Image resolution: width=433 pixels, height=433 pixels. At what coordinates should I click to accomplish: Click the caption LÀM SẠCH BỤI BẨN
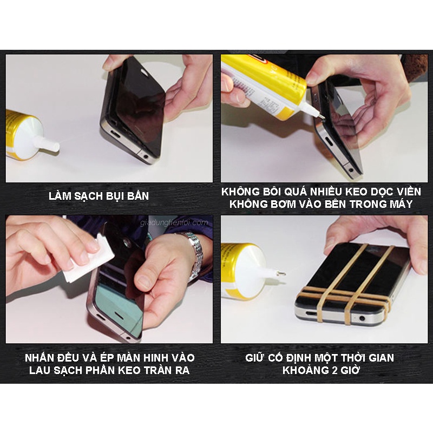click(x=99, y=196)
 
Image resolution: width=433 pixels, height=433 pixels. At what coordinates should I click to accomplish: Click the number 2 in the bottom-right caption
click(x=334, y=370)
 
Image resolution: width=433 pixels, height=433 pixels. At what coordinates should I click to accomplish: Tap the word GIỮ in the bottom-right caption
click(x=253, y=358)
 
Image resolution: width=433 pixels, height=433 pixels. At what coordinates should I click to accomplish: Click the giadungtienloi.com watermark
click(x=174, y=222)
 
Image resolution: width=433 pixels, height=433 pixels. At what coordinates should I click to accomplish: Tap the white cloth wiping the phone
click(x=88, y=260)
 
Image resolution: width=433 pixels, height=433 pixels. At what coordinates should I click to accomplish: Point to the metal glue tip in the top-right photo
click(x=320, y=116)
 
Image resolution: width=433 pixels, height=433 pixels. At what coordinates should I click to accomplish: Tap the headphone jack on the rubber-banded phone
click(x=362, y=318)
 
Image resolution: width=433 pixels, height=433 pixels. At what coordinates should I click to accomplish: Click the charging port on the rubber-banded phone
click(x=312, y=314)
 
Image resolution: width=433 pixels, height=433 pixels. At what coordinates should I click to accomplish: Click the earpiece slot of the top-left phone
click(x=145, y=73)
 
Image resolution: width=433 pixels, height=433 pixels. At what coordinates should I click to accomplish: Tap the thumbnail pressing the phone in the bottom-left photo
click(x=144, y=281)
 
